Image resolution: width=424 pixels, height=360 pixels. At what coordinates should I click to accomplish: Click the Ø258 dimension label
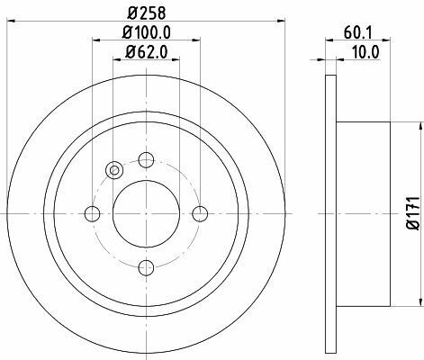pyautogui.click(x=146, y=13)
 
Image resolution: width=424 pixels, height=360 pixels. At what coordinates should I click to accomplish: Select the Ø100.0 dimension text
pyautogui.click(x=147, y=32)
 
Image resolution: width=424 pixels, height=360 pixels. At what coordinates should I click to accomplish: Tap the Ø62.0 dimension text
pyautogui.click(x=147, y=52)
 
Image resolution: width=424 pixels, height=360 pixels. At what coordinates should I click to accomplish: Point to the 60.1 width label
pyautogui.click(x=357, y=32)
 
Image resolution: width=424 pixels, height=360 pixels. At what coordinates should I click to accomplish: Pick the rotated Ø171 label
pyautogui.click(x=413, y=213)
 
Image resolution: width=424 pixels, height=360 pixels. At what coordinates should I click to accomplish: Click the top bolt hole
pyautogui.click(x=146, y=160)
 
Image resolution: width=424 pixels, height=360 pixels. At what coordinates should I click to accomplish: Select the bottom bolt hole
pyautogui.click(x=146, y=267)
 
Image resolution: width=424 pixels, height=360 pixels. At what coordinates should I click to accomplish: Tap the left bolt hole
pyautogui.click(x=92, y=213)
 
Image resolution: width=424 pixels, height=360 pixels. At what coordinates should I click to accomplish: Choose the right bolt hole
pyautogui.click(x=200, y=213)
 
